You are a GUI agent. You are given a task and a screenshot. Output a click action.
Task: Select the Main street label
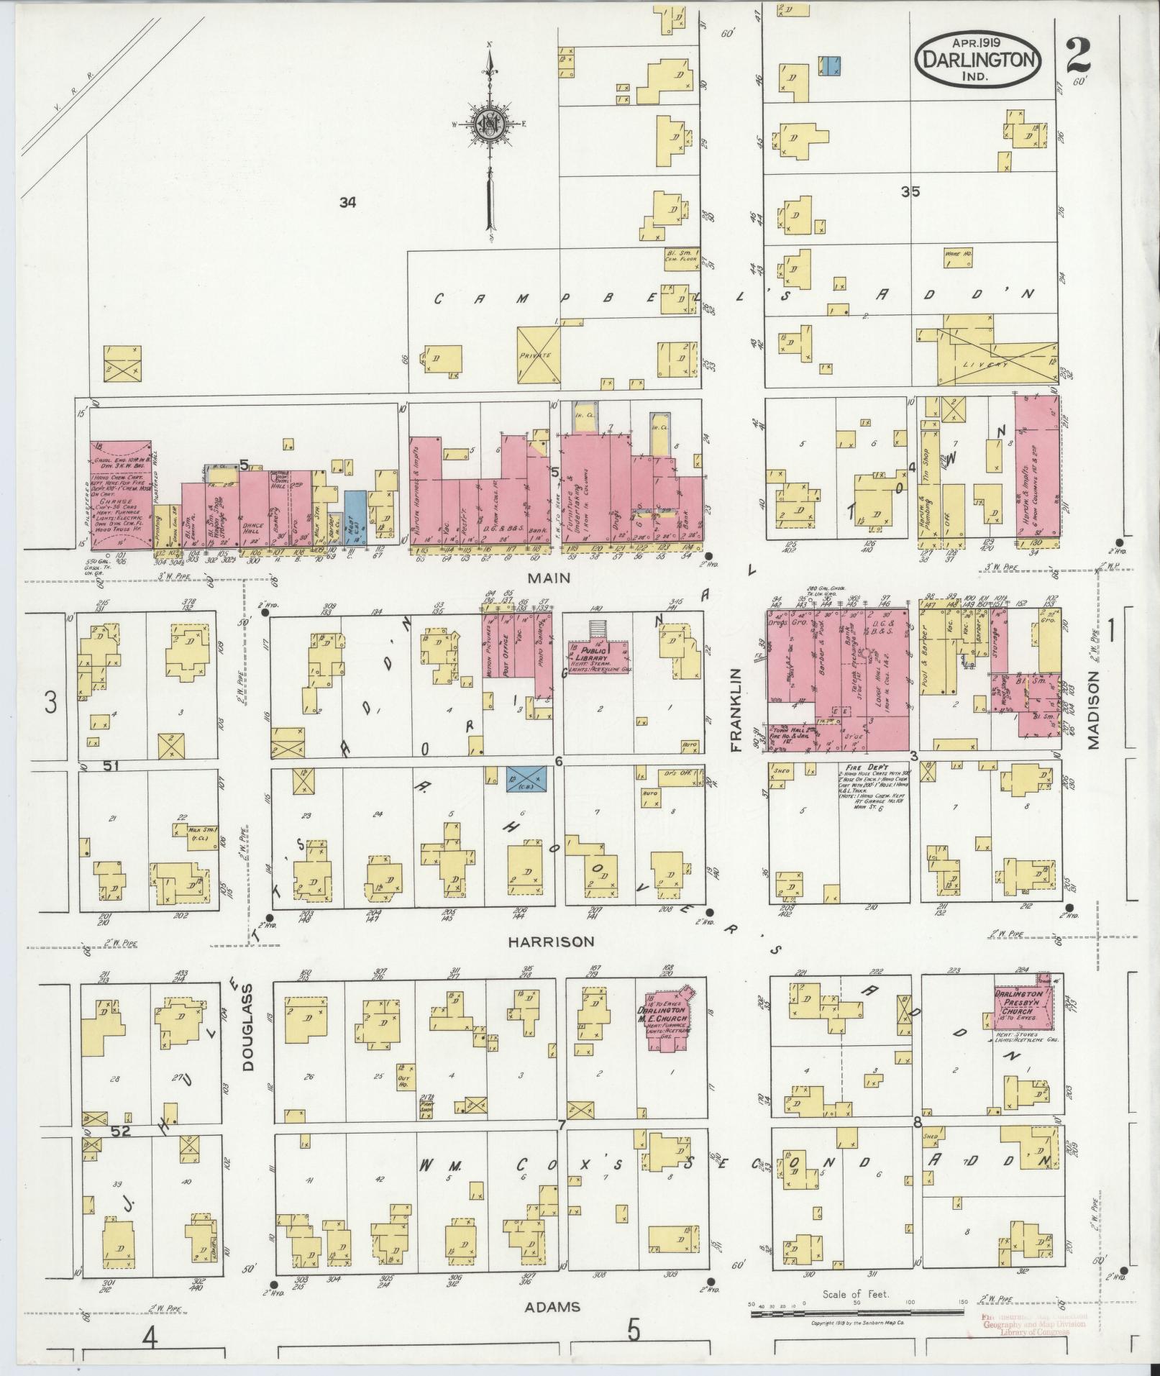(x=549, y=578)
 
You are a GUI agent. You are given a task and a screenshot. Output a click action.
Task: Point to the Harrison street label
(x=551, y=941)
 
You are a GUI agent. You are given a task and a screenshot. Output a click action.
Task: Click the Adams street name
(x=552, y=1306)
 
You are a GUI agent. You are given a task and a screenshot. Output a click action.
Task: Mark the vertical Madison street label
(x=1094, y=711)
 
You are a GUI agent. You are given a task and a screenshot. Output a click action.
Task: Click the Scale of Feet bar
(x=856, y=1313)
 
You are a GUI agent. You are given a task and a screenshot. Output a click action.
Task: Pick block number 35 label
(x=910, y=192)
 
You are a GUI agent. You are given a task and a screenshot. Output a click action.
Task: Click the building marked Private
(x=539, y=354)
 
